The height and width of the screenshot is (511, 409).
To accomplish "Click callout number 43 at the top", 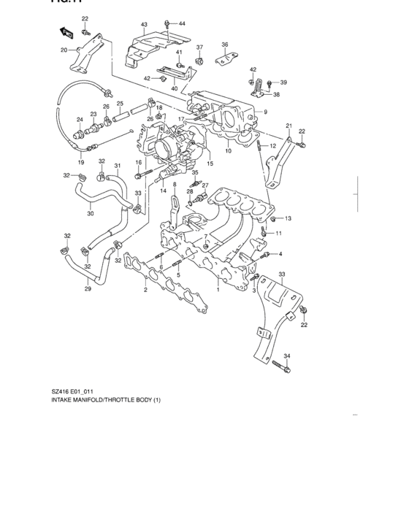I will pos(144,25).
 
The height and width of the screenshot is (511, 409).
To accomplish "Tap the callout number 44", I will pos(182,24).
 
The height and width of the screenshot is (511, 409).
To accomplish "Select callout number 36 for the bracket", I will pos(225,45).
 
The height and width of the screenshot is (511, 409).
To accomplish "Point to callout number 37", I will pos(199,47).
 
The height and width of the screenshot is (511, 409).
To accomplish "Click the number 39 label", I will pos(283,82).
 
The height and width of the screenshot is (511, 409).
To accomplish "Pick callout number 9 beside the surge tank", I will pos(266,112).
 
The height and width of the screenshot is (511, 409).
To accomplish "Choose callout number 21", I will pos(288,126).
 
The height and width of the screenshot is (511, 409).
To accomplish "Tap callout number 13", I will pos(288,218).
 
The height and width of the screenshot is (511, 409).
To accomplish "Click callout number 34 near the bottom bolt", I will pos(286,356).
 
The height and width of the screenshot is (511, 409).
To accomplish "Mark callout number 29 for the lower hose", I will pos(88,289).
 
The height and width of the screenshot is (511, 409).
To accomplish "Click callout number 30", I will pos(90,214).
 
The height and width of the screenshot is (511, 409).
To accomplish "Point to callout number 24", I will pos(80,120).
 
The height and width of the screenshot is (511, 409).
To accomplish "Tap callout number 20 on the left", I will pos(64,50).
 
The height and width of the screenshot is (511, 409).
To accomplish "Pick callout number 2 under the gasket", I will pos(145,290).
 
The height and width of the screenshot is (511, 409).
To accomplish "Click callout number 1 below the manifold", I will pos(217,290).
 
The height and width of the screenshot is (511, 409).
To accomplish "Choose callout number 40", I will pos(175,88).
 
